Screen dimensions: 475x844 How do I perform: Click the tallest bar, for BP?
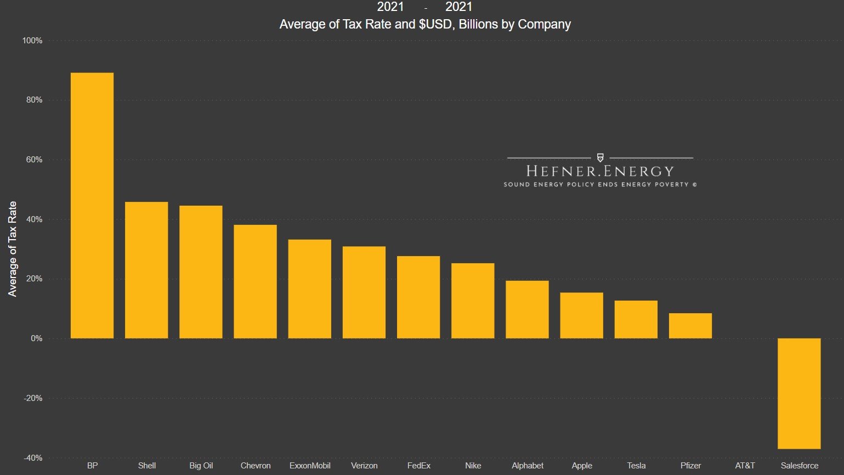tap(92, 206)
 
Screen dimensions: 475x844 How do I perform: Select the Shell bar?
tap(146, 270)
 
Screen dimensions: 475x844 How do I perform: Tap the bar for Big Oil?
tap(201, 272)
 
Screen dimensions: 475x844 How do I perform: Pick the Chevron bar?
tap(255, 281)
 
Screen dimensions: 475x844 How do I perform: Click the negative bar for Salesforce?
tap(799, 393)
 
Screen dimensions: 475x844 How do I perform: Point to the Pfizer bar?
tap(690, 326)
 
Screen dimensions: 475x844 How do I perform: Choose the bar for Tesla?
tap(636, 319)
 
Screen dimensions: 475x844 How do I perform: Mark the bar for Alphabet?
tap(527, 309)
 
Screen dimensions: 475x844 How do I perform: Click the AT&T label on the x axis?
tap(745, 466)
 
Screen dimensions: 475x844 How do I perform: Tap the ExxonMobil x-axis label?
tap(310, 466)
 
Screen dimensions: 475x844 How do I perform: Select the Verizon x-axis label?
tap(364, 466)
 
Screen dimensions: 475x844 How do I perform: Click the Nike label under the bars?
tap(473, 466)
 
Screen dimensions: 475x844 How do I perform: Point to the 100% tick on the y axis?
tap(32, 41)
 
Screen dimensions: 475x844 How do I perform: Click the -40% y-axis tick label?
tap(32, 458)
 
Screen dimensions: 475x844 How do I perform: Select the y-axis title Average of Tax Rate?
tap(12, 249)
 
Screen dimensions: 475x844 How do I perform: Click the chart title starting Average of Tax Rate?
tap(425, 24)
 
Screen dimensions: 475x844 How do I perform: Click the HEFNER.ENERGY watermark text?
tap(599, 171)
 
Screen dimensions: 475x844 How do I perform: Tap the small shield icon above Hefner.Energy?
tap(600, 158)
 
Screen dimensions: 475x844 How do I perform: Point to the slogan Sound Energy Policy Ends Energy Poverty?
tap(600, 184)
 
